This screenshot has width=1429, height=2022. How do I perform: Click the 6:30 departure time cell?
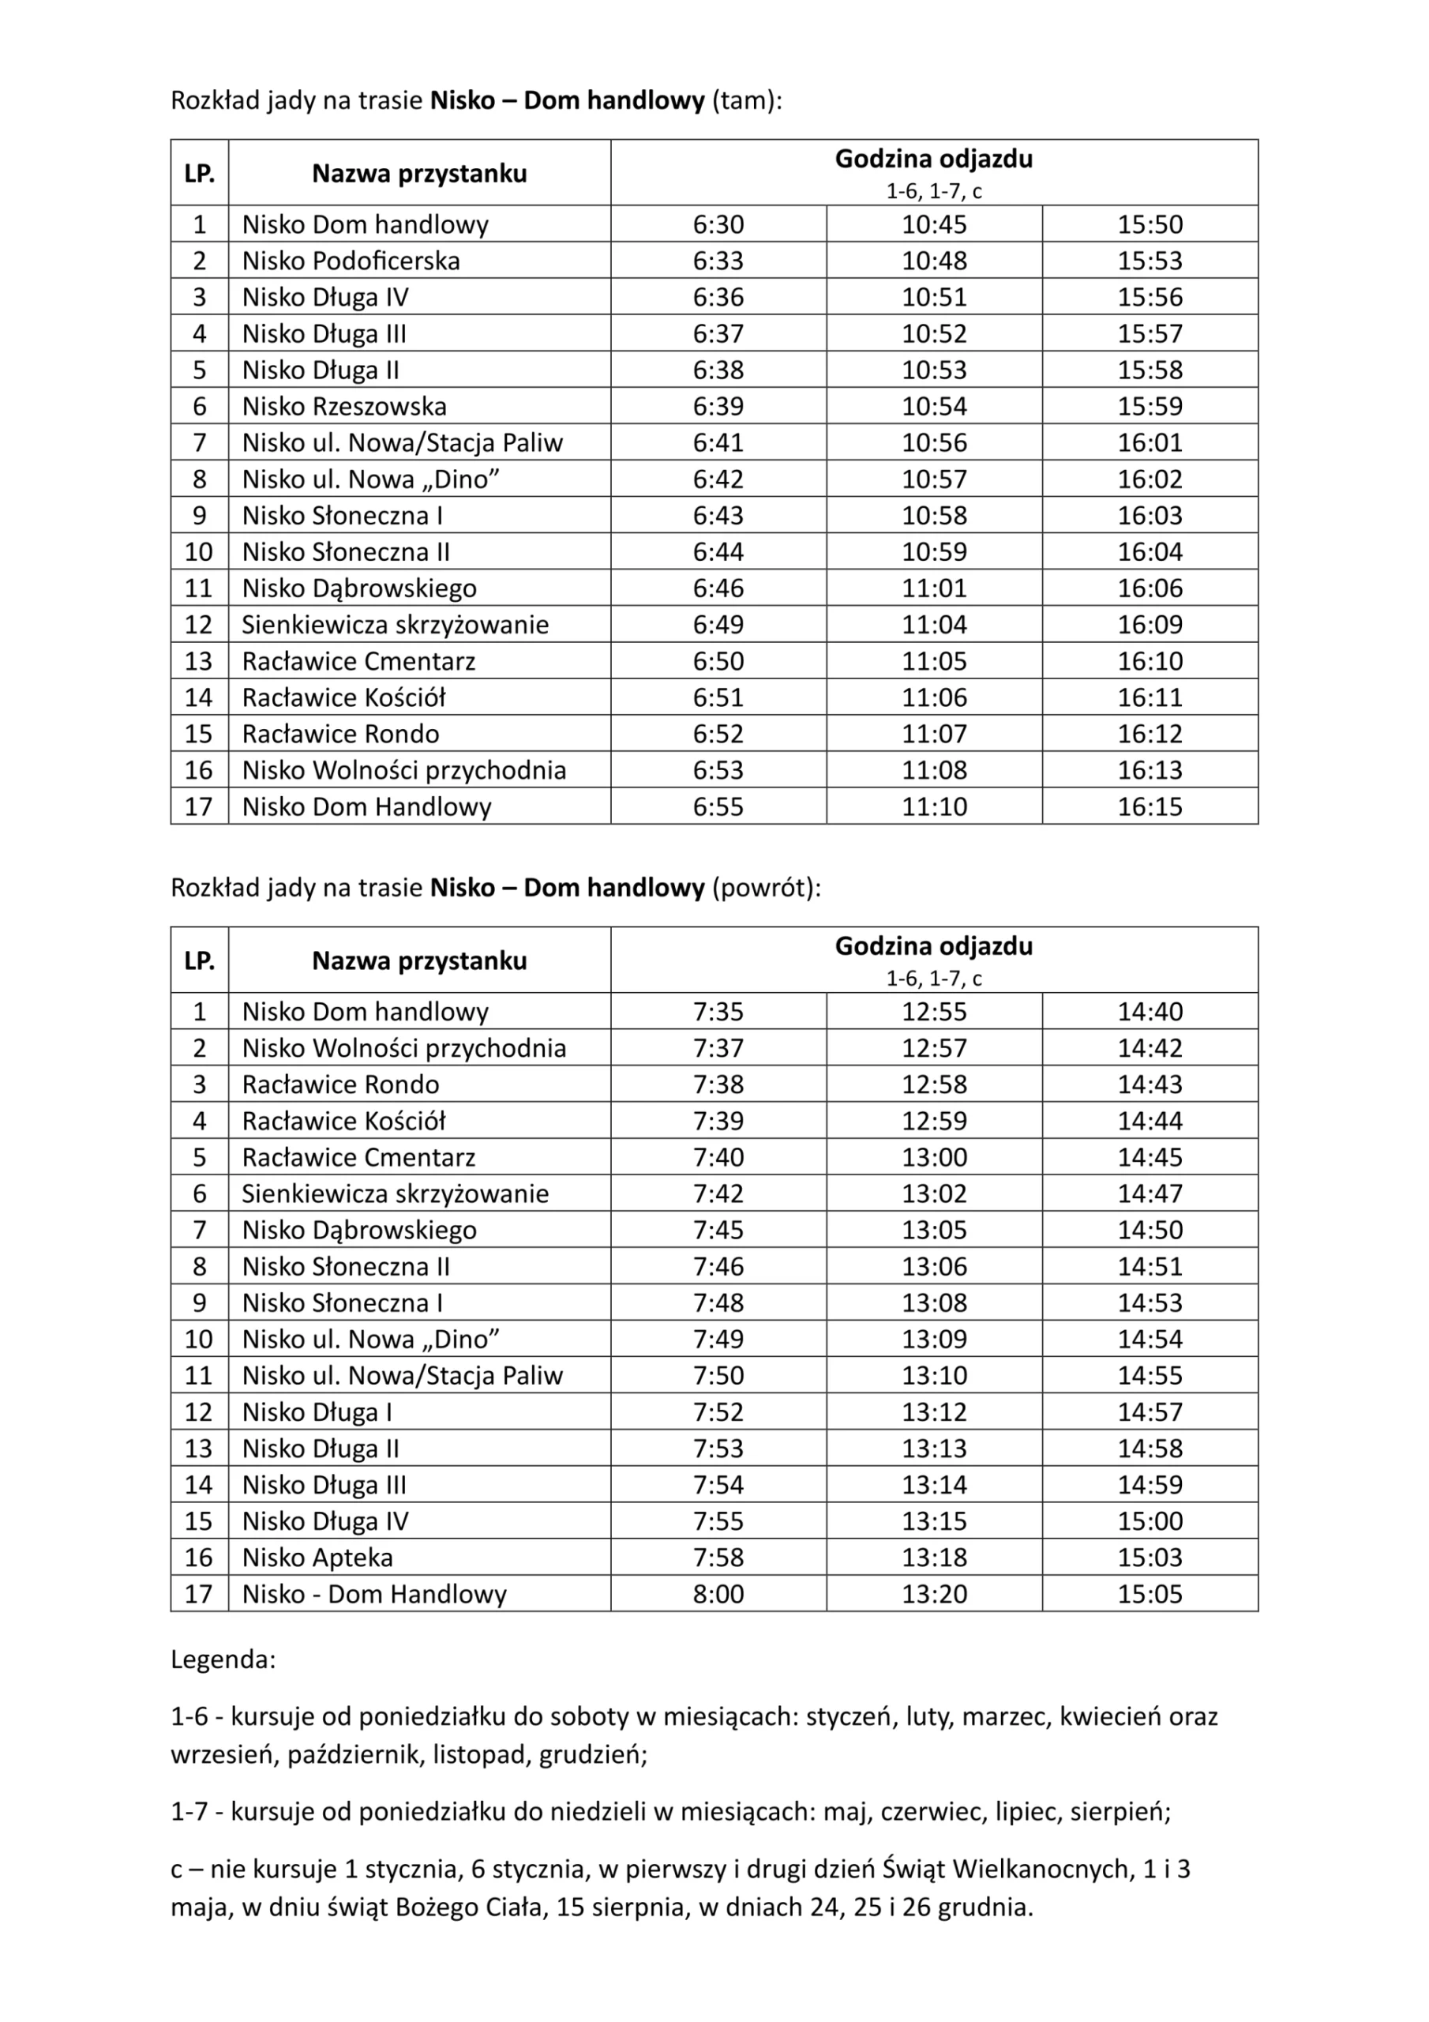pyautogui.click(x=718, y=224)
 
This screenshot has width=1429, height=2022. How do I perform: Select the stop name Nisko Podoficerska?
pyautogui.click(x=351, y=261)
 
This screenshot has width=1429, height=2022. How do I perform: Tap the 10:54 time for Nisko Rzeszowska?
pyautogui.click(x=933, y=406)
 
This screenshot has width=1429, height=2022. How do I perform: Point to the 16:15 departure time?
pyautogui.click(x=1150, y=806)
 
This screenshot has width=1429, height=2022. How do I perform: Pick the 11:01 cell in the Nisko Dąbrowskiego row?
pyautogui.click(x=933, y=588)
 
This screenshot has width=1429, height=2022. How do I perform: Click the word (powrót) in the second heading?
pyautogui.click(x=765, y=888)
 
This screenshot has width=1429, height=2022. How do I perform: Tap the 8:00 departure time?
pyautogui.click(x=718, y=1594)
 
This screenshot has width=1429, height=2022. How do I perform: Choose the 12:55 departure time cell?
pyautogui.click(x=933, y=1012)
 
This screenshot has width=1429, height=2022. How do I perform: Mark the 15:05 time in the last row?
pyautogui.click(x=1150, y=1594)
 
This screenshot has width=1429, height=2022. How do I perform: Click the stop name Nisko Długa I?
pyautogui.click(x=317, y=1411)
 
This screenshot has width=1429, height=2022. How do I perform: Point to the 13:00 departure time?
pyautogui.click(x=933, y=1157)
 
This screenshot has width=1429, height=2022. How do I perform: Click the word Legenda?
pyautogui.click(x=223, y=1660)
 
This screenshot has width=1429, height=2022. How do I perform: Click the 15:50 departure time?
pyautogui.click(x=1150, y=224)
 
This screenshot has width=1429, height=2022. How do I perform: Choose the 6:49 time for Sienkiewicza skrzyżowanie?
pyautogui.click(x=718, y=625)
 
